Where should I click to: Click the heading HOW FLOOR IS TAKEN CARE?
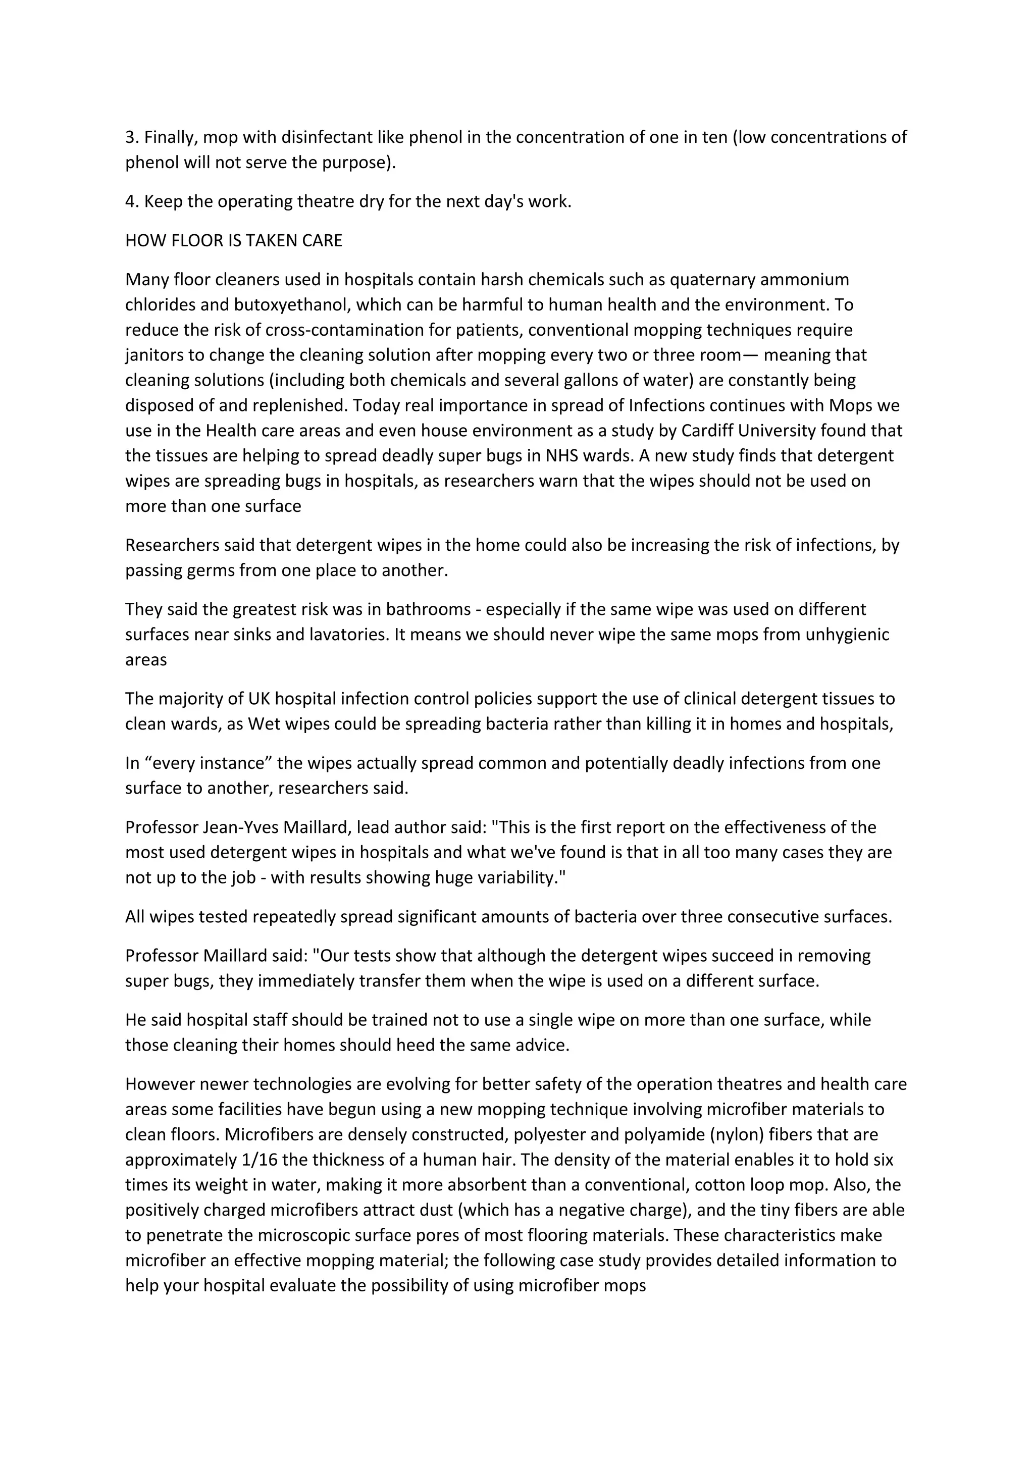[x=233, y=241]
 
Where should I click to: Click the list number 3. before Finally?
[x=132, y=137]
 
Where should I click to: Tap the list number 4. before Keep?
[x=132, y=202]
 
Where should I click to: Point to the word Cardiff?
[x=707, y=431]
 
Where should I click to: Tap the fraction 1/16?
[x=260, y=1160]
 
